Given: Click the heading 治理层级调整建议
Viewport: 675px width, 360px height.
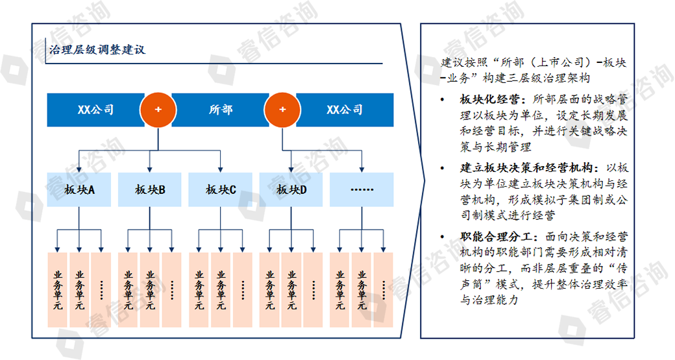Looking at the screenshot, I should (x=97, y=50).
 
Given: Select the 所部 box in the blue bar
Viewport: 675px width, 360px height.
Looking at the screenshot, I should (x=221, y=110).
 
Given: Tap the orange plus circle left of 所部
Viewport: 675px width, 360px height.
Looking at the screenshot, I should (x=158, y=109).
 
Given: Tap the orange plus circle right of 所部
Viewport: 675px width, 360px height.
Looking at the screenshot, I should (x=282, y=109).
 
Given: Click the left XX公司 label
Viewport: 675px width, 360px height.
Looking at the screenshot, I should (x=95, y=110).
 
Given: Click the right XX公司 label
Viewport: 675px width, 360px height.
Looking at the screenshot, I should (x=345, y=110).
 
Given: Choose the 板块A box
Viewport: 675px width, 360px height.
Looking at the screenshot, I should (x=79, y=189).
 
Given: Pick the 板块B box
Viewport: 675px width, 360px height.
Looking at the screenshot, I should (x=150, y=189).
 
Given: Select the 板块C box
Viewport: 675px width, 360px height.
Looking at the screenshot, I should (x=221, y=189).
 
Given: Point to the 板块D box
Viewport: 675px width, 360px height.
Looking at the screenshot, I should (x=291, y=189).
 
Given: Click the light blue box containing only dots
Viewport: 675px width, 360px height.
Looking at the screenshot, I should (x=362, y=189).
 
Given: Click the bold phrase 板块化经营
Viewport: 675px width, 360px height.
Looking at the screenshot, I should (x=491, y=100).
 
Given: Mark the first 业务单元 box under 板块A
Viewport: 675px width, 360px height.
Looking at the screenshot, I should (x=57, y=289).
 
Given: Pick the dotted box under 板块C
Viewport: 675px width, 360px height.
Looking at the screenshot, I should (x=243, y=289).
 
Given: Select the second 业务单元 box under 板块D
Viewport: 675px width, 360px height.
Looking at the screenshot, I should (x=291, y=289).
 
